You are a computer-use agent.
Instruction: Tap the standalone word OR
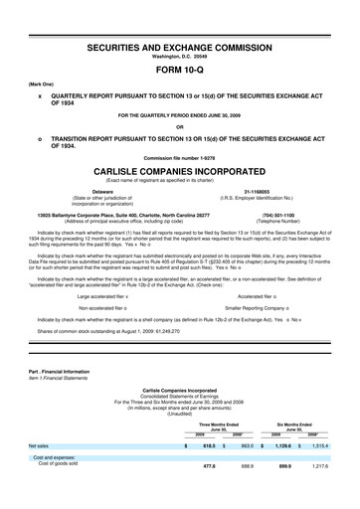pos(179,126)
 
